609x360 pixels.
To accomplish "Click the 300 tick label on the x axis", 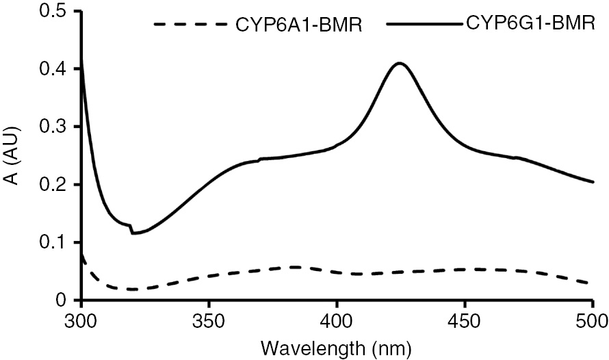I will point(81,321).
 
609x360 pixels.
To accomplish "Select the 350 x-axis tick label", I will point(209,321).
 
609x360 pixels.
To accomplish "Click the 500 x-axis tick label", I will point(592,321).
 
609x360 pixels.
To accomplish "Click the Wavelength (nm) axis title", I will point(337,349).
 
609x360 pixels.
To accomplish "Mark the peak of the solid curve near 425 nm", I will point(400,64).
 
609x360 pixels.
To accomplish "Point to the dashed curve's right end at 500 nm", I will point(592,283).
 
